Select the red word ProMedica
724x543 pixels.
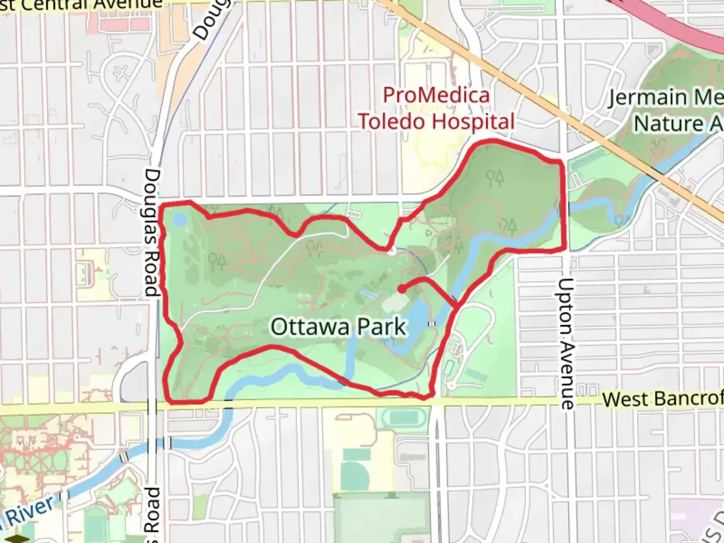point(436,96)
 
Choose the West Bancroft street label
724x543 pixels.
point(662,399)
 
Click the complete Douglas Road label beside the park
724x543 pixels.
point(153,232)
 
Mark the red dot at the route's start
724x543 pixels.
point(402,289)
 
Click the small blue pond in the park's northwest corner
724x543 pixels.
point(179,220)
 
